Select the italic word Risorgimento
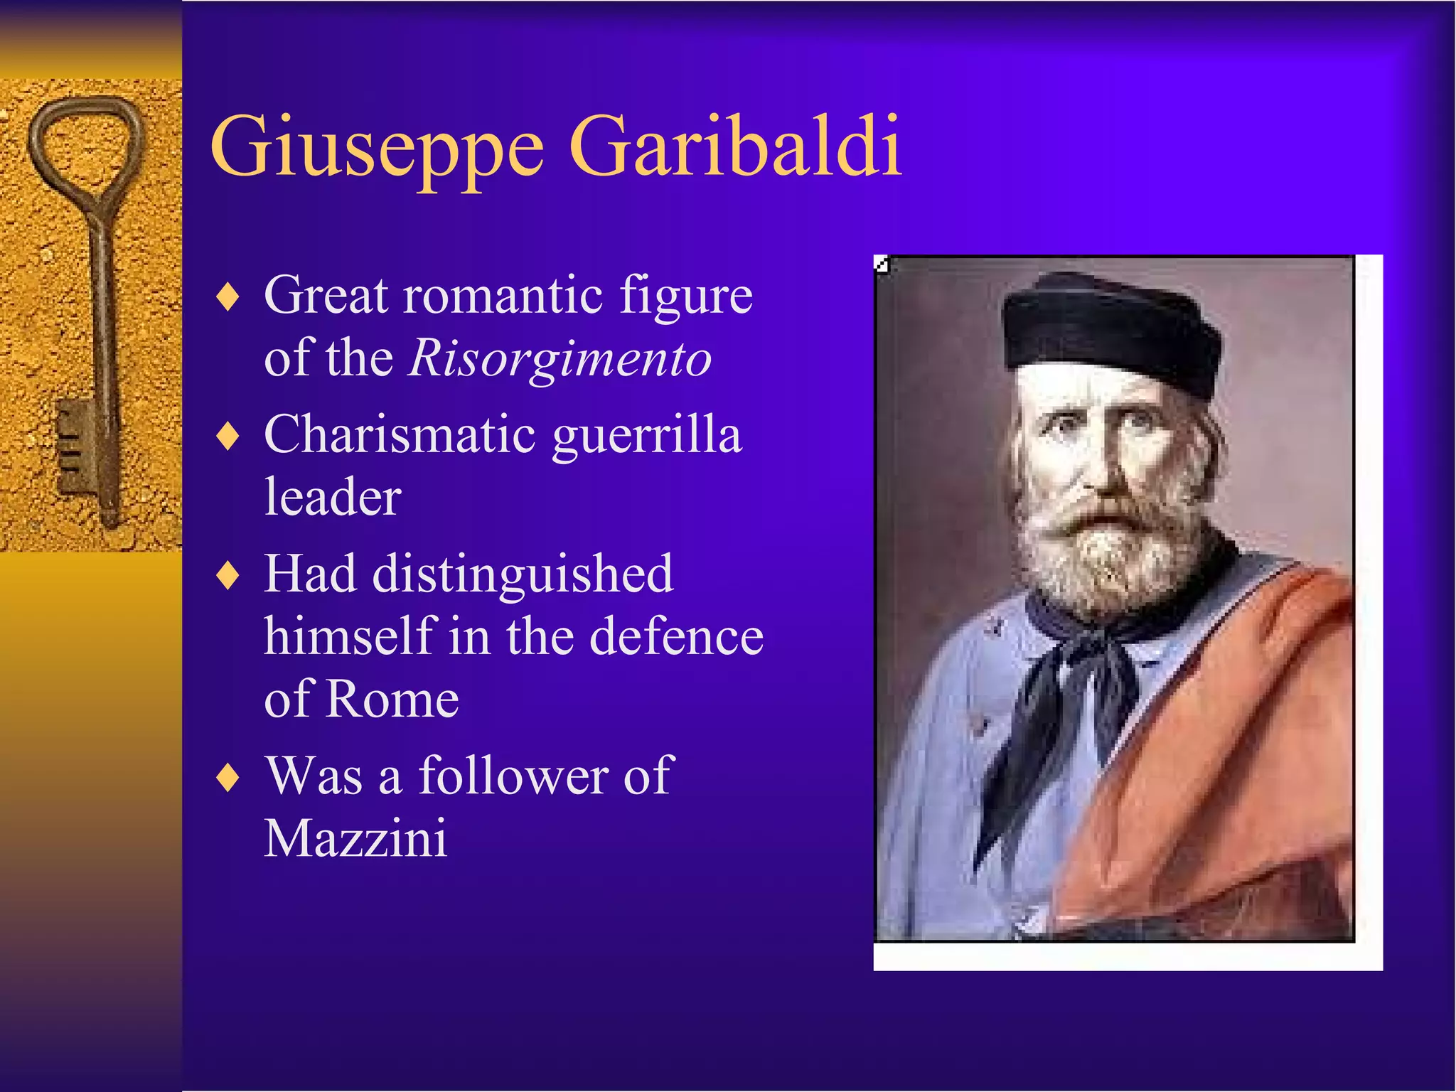pos(560,358)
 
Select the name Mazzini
pos(355,838)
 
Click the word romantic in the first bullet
pos(503,294)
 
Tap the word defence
pos(677,636)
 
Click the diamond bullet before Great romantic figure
pos(227,296)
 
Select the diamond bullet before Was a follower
pos(227,777)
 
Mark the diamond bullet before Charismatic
pos(227,436)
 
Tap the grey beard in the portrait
pos(1109,555)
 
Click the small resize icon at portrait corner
pos(882,264)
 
